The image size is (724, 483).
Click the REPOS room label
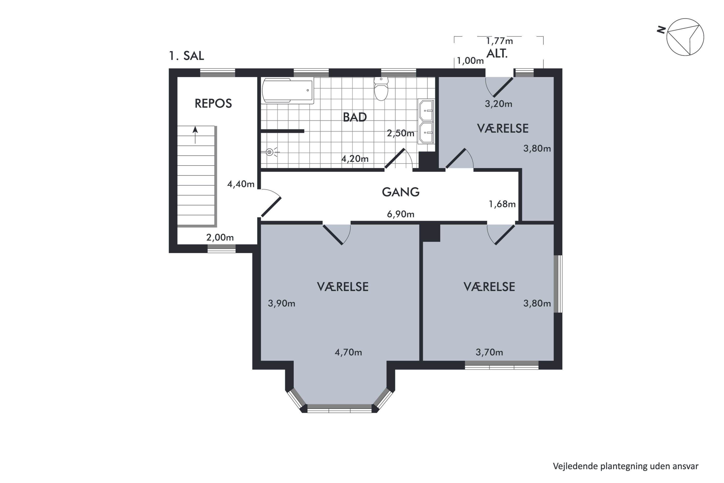click(x=213, y=104)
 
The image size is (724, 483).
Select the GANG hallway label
click(x=400, y=192)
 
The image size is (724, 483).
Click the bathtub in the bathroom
click(x=287, y=91)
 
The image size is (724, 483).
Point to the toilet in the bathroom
click(x=381, y=89)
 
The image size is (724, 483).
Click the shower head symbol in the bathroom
click(x=270, y=152)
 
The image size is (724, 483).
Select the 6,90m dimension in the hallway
click(x=400, y=214)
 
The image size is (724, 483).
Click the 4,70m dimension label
click(x=348, y=352)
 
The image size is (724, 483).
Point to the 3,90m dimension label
click(x=281, y=303)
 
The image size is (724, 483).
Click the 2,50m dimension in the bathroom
click(x=400, y=133)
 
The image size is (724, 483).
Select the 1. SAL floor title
click(x=187, y=56)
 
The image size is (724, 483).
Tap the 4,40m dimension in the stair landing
click(x=241, y=184)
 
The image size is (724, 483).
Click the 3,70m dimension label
click(x=489, y=352)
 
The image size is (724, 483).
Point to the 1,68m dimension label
click(x=502, y=204)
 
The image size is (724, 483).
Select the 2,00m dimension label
click(x=220, y=237)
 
